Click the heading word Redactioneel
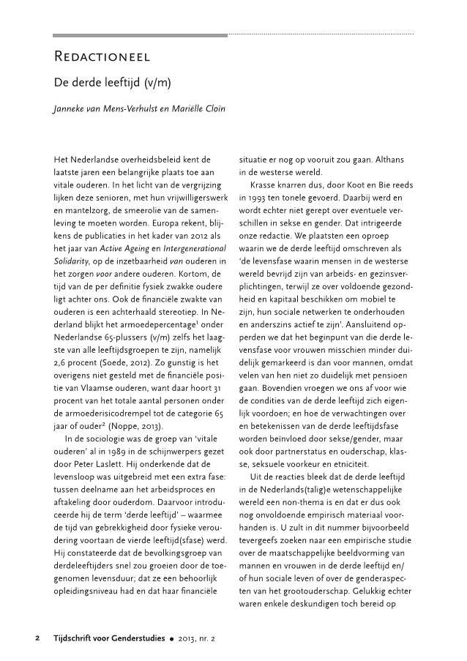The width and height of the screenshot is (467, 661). coord(102,57)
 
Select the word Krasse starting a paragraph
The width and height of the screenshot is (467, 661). coord(263,181)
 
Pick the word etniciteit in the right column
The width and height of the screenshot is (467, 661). coord(359,465)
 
